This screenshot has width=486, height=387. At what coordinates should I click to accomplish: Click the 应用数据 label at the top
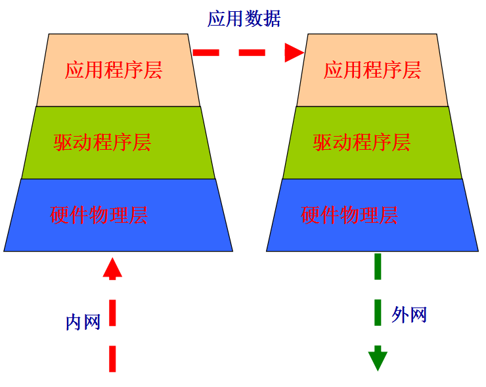(244, 18)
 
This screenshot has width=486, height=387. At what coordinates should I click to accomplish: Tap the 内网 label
(83, 322)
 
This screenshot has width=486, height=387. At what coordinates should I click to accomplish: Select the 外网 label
(409, 315)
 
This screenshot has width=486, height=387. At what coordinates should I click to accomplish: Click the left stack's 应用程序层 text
(114, 70)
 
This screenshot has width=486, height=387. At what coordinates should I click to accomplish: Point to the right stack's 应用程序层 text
(372, 70)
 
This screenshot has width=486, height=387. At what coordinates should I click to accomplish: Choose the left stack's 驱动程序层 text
(102, 143)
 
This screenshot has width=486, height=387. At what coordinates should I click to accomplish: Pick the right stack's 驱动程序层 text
(362, 143)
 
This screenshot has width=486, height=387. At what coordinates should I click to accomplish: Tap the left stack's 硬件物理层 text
(99, 215)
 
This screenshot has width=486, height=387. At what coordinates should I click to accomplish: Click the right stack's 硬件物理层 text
(349, 215)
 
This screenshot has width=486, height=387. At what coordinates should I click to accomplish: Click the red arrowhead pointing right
(293, 53)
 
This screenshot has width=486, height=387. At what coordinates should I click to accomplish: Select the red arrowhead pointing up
(112, 267)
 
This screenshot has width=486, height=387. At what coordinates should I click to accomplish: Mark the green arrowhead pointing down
(378, 360)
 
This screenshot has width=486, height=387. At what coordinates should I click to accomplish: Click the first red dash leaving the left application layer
(206, 53)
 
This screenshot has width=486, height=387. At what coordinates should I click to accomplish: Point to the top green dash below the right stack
(378, 266)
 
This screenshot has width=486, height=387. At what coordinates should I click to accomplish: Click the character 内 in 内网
(74, 322)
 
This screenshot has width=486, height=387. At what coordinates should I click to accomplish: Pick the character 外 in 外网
(400, 315)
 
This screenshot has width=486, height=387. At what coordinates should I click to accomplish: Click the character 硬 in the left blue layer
(60, 215)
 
